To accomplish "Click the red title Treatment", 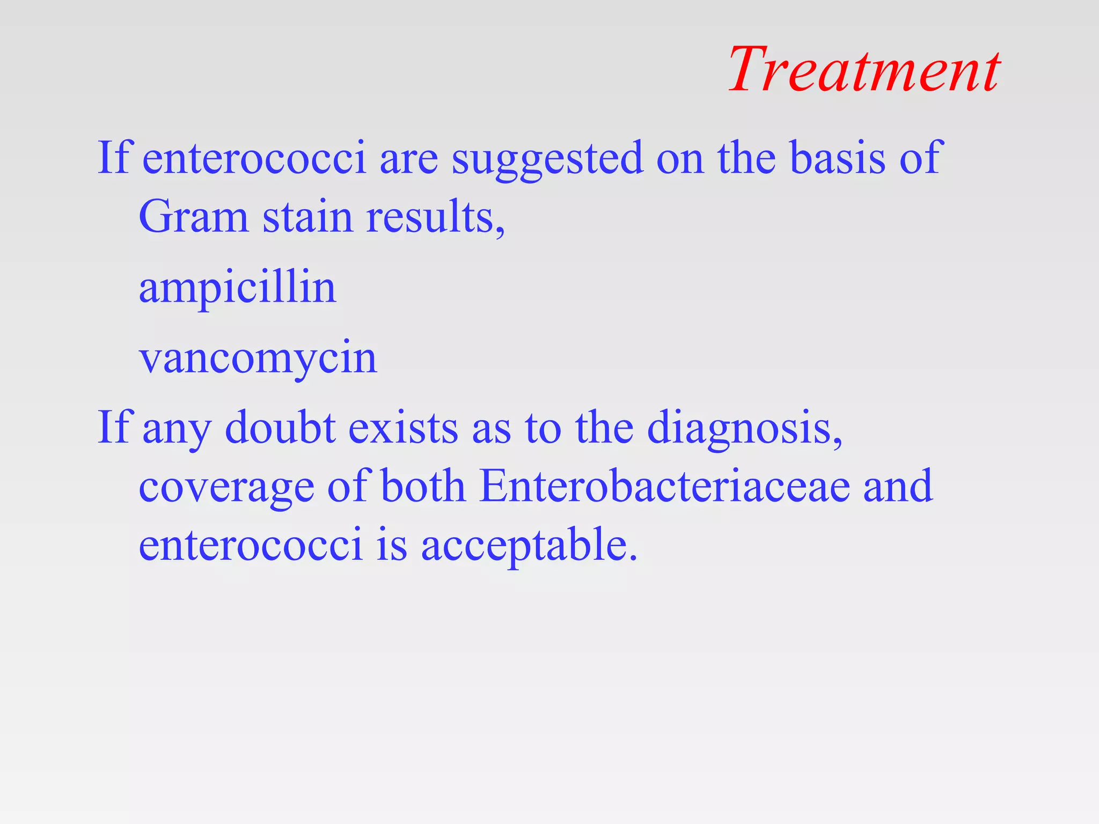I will (864, 70).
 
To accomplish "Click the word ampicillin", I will (238, 288).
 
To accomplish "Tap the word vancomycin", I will (258, 358).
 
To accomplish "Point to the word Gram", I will (194, 217).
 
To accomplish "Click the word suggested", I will (547, 158).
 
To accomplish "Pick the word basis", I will (838, 158).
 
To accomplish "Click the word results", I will (435, 217).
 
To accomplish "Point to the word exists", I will (403, 428).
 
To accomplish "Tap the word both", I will (423, 486).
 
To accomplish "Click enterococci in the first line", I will (254, 158).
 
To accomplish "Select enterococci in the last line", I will (251, 545).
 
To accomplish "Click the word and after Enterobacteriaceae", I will (898, 486).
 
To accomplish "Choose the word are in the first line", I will (408, 159).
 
